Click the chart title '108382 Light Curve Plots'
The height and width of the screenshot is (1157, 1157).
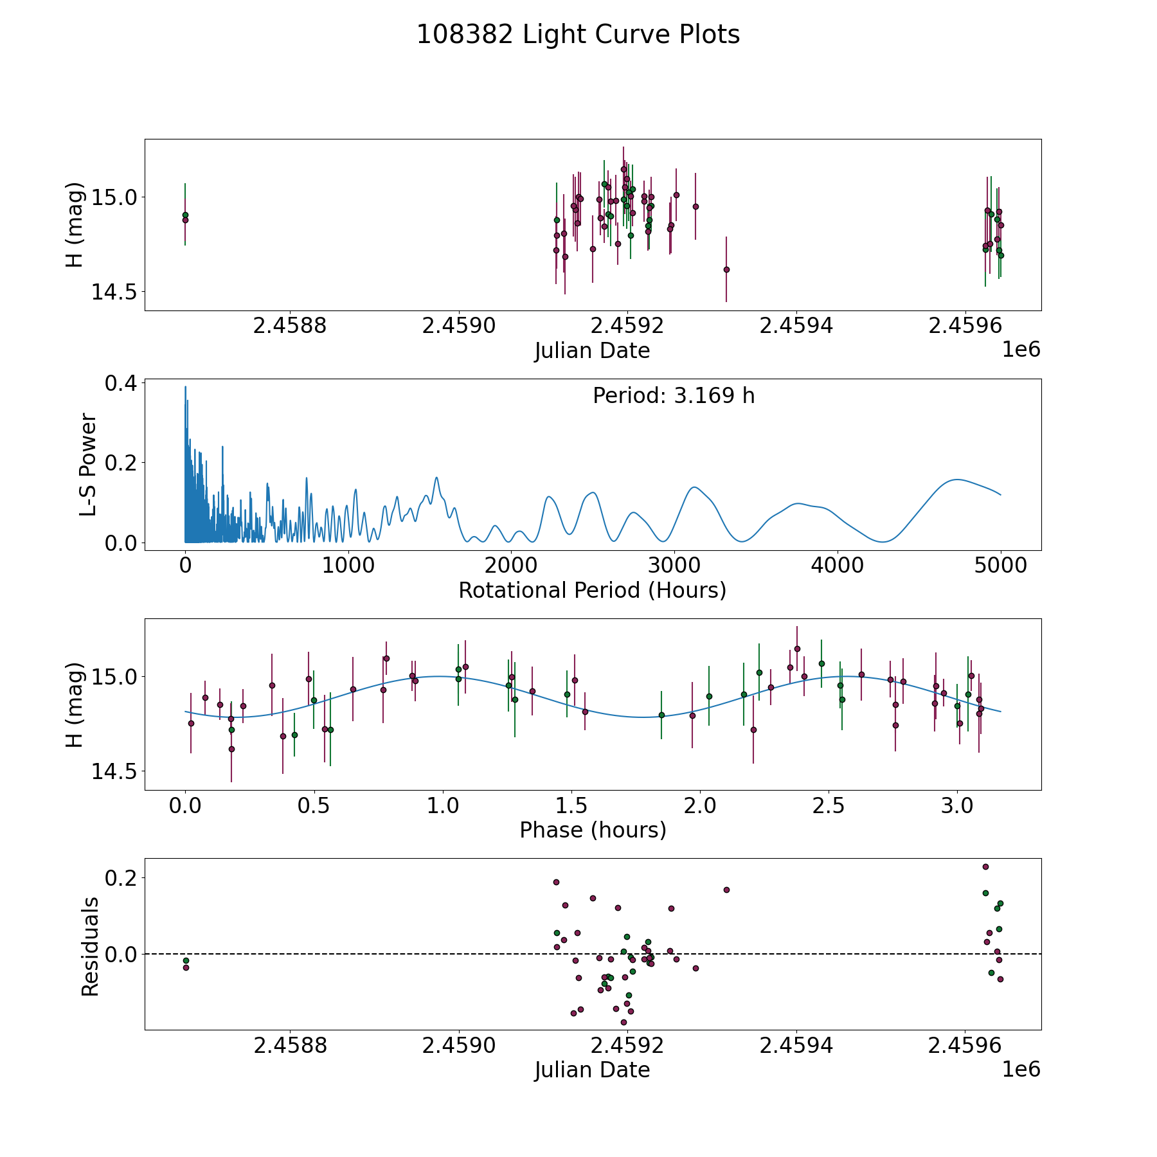point(578,35)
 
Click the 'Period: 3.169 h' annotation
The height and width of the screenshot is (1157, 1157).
point(674,395)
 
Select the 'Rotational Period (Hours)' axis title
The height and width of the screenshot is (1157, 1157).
point(592,590)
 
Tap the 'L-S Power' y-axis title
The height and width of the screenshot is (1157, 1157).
point(89,465)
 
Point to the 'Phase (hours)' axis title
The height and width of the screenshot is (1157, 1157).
point(593,830)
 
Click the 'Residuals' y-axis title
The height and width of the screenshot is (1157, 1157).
point(90,946)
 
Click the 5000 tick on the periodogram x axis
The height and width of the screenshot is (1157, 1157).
point(1000,566)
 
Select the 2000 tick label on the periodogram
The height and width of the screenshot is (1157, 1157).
point(510,566)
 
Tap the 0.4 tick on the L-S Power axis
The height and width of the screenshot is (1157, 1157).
point(121,383)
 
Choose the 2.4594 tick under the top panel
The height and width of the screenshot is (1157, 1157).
point(796,326)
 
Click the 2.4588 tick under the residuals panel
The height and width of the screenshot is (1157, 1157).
point(290,1045)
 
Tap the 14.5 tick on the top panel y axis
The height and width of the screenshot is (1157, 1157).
point(114,292)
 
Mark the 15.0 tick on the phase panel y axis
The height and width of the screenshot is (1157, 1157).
point(114,676)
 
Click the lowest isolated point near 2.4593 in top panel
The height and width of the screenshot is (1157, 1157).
point(726,269)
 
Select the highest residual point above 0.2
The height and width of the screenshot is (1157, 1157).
point(985,866)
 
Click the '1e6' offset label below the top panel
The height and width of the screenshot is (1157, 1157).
point(1021,350)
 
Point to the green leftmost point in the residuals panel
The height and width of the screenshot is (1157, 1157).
point(186,960)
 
